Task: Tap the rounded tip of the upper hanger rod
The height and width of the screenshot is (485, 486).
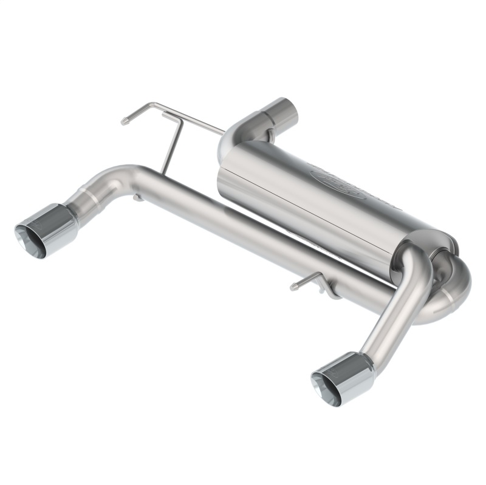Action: tap(125, 121)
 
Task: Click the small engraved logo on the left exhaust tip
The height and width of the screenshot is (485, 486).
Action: tap(39, 226)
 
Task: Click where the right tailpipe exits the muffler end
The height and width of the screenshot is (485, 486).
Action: tap(413, 261)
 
